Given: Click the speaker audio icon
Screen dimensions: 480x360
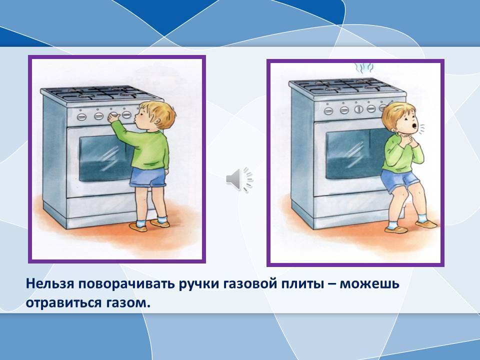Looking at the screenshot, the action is (x=239, y=179).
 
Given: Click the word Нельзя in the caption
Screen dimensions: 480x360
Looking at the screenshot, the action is (x=50, y=284).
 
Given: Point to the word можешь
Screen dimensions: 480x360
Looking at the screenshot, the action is (x=370, y=284).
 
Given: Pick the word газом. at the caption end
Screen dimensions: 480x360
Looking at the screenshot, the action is (x=129, y=303).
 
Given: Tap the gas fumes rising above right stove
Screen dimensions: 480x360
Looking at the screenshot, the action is (x=364, y=68).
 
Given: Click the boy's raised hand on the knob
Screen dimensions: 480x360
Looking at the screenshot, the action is (x=114, y=118).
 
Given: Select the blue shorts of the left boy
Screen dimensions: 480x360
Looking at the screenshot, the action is (x=147, y=177).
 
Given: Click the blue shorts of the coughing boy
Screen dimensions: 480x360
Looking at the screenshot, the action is (x=399, y=181).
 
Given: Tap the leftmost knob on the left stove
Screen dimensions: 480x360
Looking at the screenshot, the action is (x=81, y=116).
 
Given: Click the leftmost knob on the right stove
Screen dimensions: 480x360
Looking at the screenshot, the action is (x=328, y=110).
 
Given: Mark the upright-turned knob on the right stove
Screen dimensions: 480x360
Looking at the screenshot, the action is (x=359, y=109).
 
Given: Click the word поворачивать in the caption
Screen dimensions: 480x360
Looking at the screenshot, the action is (x=126, y=284).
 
